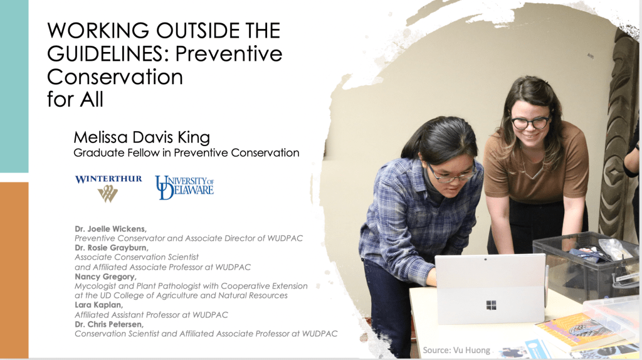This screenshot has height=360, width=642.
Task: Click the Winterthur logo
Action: (108, 188)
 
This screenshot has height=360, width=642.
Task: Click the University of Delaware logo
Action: (184, 187)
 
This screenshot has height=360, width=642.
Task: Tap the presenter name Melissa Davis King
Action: (142, 137)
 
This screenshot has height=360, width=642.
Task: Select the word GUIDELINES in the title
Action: (105, 54)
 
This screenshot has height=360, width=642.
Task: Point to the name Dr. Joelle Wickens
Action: (110, 228)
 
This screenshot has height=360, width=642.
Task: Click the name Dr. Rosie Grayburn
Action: (112, 248)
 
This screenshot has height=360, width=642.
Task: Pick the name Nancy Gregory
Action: (105, 277)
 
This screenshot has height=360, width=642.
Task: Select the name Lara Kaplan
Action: (98, 305)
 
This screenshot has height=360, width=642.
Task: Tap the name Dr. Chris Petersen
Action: (109, 324)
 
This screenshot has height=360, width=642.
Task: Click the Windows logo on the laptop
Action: (491, 305)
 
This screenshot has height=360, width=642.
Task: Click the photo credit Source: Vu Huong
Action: (456, 350)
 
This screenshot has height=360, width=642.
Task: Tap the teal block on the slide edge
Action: (14, 86)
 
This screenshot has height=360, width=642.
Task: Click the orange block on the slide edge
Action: (14, 270)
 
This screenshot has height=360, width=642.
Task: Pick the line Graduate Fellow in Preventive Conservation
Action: (186, 153)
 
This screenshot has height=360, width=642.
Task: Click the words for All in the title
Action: (75, 99)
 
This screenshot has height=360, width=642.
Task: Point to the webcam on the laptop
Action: (486, 259)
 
